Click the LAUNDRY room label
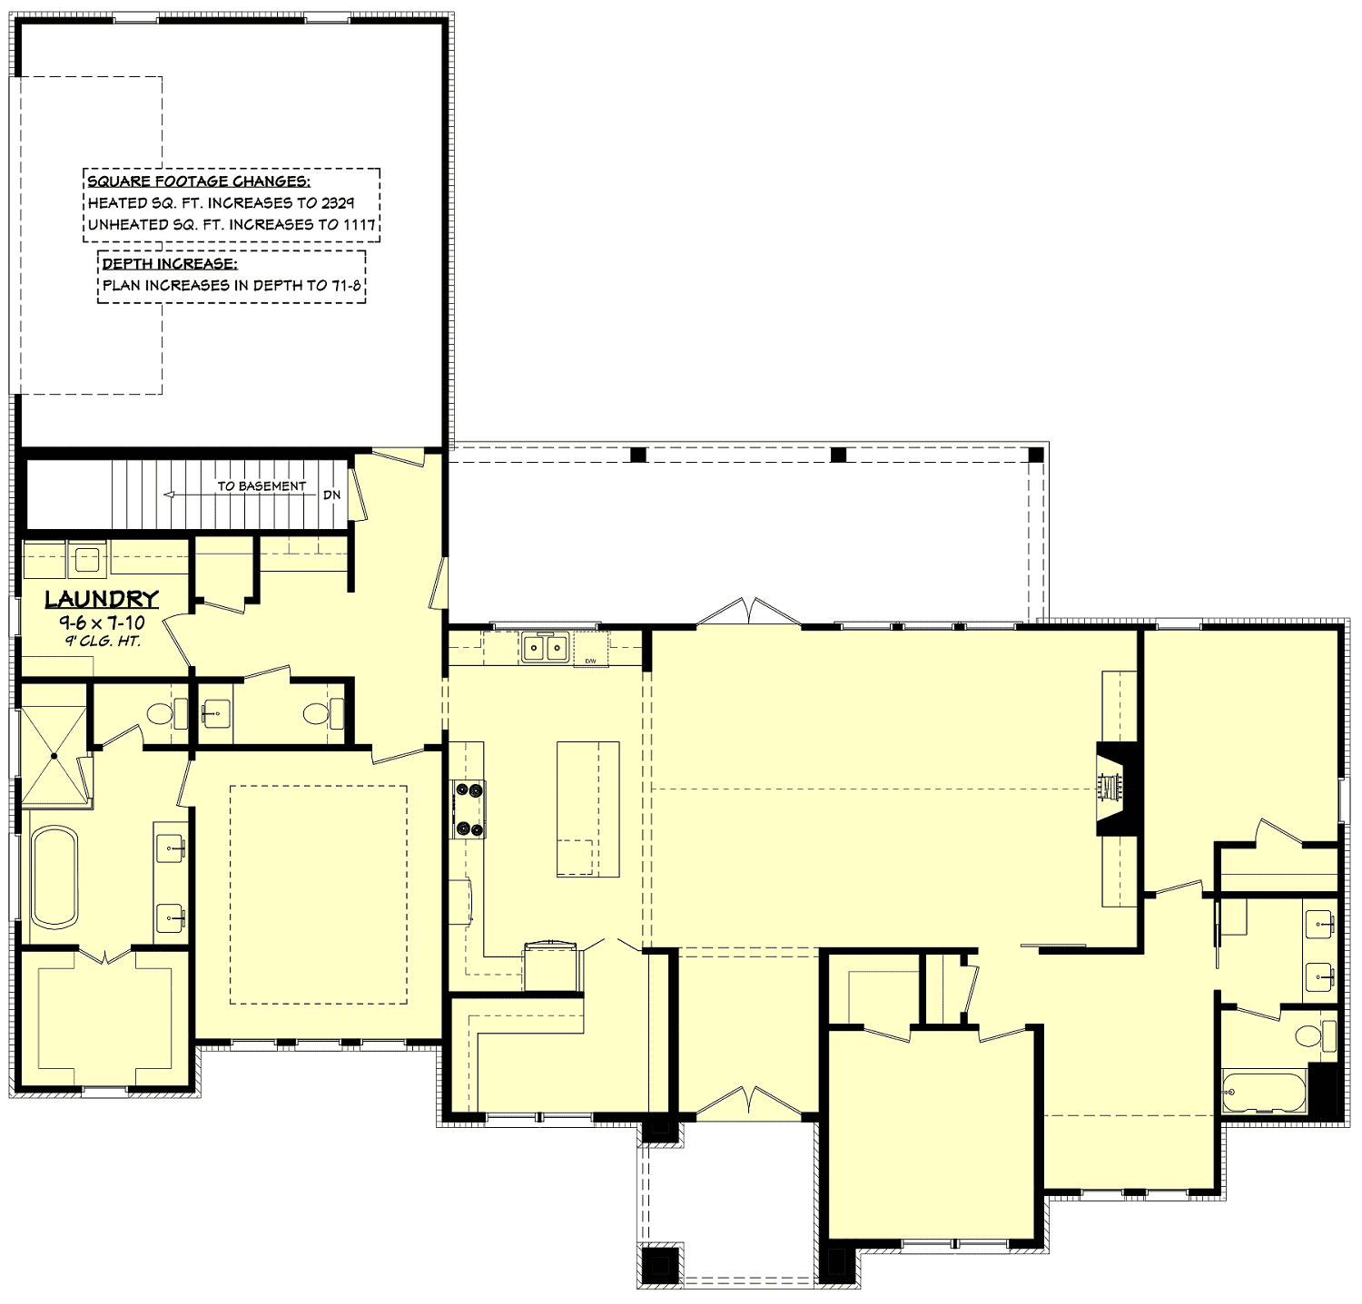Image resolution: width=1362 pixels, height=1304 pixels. coord(102,600)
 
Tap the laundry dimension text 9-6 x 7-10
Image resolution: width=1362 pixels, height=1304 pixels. coord(102,623)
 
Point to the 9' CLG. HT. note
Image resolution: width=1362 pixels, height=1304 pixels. coord(102,642)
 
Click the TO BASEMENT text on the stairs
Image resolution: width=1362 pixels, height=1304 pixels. coord(261,486)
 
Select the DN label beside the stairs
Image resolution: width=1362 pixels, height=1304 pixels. coord(331,495)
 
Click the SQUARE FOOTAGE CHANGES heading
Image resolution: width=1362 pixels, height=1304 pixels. coord(199,181)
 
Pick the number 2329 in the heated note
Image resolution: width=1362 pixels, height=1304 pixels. coord(338,202)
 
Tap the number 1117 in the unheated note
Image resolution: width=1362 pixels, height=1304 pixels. coord(360,224)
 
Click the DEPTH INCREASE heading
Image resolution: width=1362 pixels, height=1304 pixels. coord(170,264)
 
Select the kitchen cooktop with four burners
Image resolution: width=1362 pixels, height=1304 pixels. coord(469,809)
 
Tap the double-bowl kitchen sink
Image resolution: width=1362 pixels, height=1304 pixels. coord(544,648)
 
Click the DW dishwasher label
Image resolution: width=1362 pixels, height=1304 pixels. coord(590,661)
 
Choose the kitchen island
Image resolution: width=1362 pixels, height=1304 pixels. coord(587,809)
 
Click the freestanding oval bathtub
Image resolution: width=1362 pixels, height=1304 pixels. coord(54,878)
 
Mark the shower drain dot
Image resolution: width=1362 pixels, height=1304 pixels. coord(54,755)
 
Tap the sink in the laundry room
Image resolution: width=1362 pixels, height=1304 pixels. coord(87,560)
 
